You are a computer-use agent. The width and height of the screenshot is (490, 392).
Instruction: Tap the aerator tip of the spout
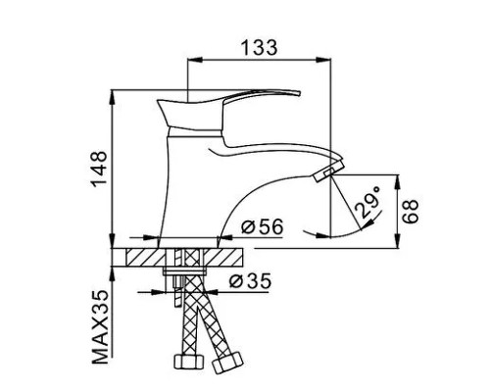[x=322, y=175]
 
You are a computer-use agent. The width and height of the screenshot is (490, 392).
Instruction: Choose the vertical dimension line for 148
[x=116, y=167]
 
